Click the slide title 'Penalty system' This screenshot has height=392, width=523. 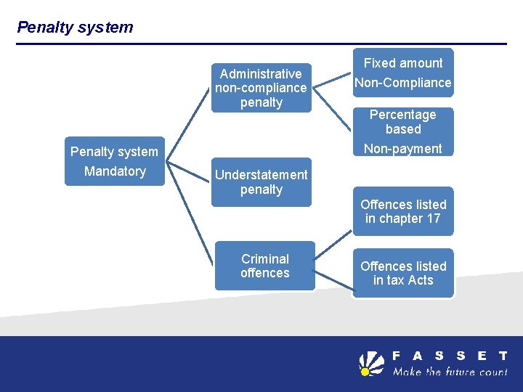(75, 28)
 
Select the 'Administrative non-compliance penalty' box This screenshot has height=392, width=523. (261, 88)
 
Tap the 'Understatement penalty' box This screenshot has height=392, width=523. (261, 182)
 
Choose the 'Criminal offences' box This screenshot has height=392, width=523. (264, 266)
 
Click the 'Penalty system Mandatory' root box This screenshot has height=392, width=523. (114, 161)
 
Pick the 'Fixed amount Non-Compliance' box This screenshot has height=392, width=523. (402, 73)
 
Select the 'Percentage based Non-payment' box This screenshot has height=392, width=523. (402, 131)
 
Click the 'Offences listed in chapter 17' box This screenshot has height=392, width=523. (402, 211)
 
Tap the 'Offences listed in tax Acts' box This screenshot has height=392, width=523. (402, 273)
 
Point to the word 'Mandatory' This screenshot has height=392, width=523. (115, 171)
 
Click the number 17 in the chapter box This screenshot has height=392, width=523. (433, 219)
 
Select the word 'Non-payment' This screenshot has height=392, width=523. (402, 149)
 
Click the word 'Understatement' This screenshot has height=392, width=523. (261, 175)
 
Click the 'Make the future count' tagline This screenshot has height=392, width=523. (450, 372)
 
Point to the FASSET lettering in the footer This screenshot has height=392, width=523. (450, 356)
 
